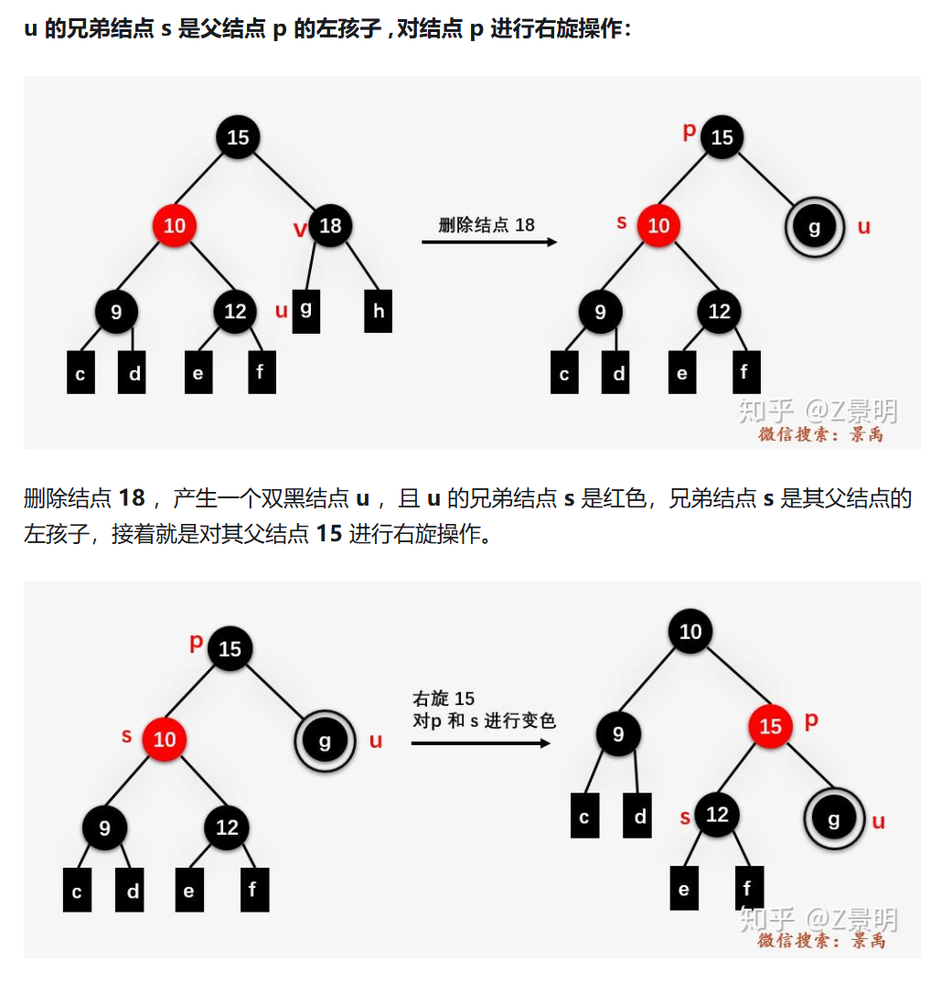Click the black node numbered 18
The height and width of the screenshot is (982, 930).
pyautogui.click(x=330, y=225)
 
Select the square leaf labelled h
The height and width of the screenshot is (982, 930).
pyautogui.click(x=378, y=311)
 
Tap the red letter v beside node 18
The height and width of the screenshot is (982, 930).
pyautogui.click(x=300, y=229)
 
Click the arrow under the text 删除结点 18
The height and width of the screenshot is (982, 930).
pyautogui.click(x=489, y=241)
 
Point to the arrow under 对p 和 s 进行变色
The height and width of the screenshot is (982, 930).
pyautogui.click(x=481, y=742)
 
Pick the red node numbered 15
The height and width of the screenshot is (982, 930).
pyautogui.click(x=770, y=726)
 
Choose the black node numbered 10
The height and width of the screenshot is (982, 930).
pyautogui.click(x=690, y=631)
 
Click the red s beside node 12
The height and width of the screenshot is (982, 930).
pyautogui.click(x=685, y=817)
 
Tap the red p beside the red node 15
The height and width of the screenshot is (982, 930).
pyautogui.click(x=811, y=720)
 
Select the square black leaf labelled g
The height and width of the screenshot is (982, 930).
pyautogui.click(x=305, y=311)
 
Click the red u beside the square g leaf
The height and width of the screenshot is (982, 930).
pyautogui.click(x=281, y=311)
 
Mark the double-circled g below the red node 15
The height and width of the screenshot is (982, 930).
pyautogui.click(x=834, y=818)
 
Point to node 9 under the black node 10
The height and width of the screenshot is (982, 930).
pyautogui.click(x=618, y=733)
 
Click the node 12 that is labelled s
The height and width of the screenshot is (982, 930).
pyautogui.click(x=717, y=814)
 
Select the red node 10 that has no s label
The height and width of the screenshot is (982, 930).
pyautogui.click(x=174, y=225)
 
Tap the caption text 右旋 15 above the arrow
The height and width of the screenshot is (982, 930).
pyautogui.click(x=444, y=698)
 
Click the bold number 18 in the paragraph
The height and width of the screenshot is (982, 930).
pyautogui.click(x=132, y=498)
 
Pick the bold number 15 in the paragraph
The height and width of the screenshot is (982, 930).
pyautogui.click(x=329, y=534)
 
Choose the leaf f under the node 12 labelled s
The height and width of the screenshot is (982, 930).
pyautogui.click(x=749, y=888)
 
